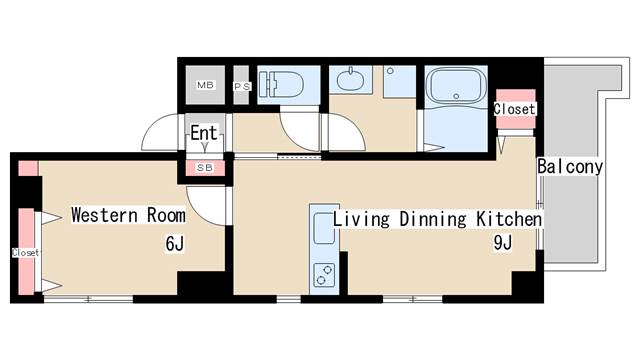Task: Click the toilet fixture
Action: (x=282, y=84)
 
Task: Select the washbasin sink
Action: (x=351, y=80)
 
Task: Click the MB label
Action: (x=205, y=85)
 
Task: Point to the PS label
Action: (x=242, y=87)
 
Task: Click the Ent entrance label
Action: (x=204, y=133)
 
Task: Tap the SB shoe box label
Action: (x=205, y=168)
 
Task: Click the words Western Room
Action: (x=128, y=215)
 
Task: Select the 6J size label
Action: (x=175, y=244)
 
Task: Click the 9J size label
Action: (x=502, y=243)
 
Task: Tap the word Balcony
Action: (x=570, y=167)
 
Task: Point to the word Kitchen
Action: (x=509, y=219)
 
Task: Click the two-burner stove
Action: (x=324, y=275)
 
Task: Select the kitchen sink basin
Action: (x=324, y=229)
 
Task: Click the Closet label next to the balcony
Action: (x=514, y=109)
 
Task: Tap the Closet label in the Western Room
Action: (x=25, y=253)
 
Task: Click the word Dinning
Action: (x=433, y=219)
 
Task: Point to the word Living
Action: (x=361, y=219)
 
